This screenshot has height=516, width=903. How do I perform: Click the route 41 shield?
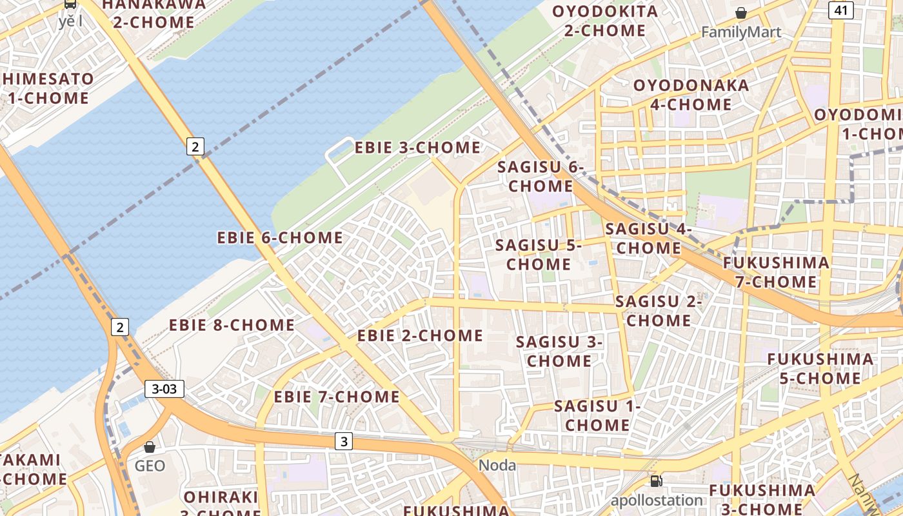click(x=841, y=10)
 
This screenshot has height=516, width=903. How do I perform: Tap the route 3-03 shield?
click(x=164, y=389)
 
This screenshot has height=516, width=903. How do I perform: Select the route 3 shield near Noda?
click(x=344, y=442)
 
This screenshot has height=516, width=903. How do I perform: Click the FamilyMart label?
click(x=741, y=32)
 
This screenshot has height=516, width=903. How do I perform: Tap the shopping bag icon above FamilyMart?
click(x=741, y=13)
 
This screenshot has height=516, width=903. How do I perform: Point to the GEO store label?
click(x=150, y=466)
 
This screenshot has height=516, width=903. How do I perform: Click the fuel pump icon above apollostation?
click(x=656, y=481)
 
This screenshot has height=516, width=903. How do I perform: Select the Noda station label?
click(x=497, y=465)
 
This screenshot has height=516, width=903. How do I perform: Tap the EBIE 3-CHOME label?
click(x=417, y=148)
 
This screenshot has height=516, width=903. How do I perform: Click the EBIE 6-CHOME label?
click(x=280, y=238)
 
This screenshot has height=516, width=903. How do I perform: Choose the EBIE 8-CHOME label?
click(x=232, y=325)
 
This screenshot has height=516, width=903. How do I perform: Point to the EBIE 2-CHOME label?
click(x=420, y=335)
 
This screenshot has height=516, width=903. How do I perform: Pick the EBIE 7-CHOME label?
click(x=337, y=397)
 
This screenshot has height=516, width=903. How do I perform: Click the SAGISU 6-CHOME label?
click(x=541, y=177)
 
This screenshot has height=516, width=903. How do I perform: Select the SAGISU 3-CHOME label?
click(x=559, y=352)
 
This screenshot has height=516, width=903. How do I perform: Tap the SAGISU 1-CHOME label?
click(x=597, y=415)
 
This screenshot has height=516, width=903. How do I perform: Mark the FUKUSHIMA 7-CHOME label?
click(x=776, y=272)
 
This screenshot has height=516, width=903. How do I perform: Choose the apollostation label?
click(x=657, y=501)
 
